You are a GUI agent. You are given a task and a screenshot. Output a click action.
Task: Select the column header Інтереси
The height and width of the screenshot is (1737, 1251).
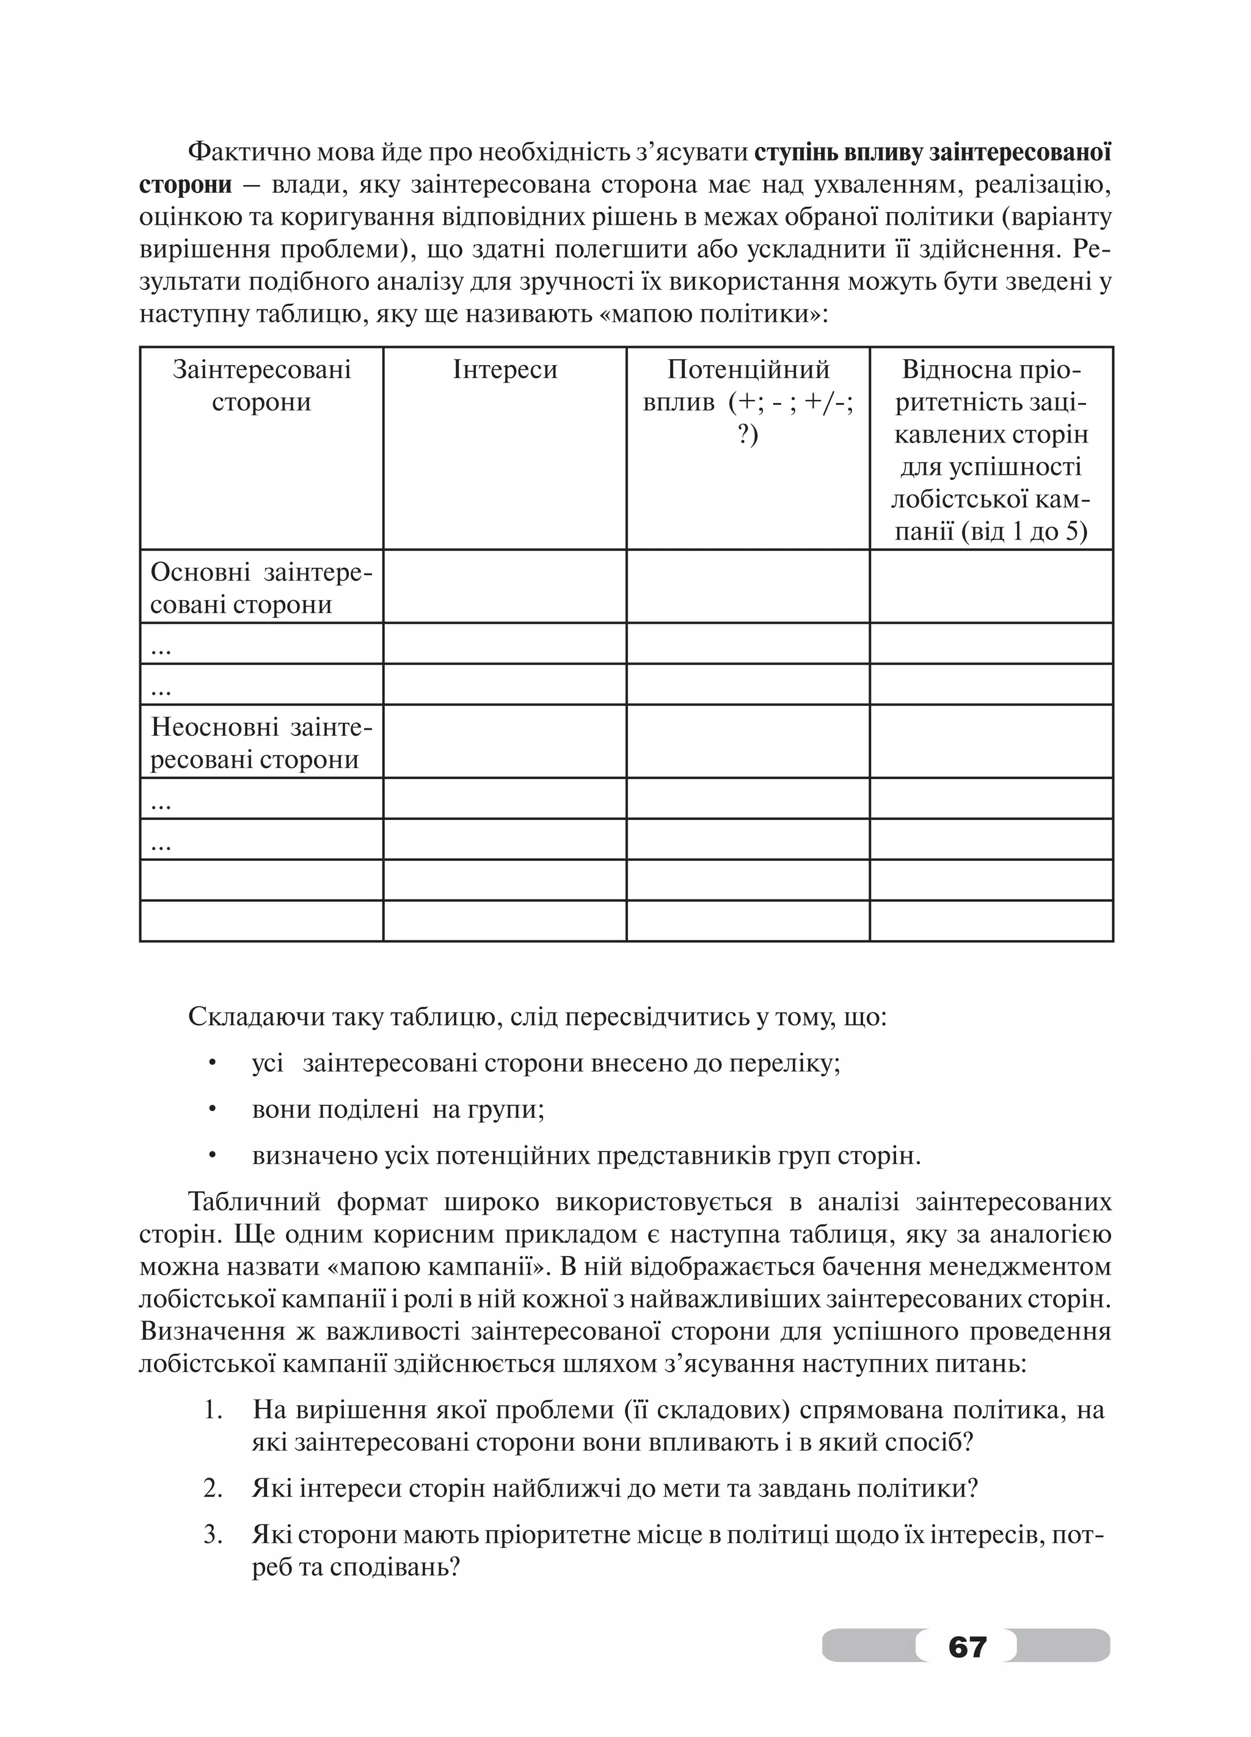click(505, 370)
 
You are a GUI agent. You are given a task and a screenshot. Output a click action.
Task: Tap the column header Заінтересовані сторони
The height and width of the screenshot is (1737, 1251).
click(261, 386)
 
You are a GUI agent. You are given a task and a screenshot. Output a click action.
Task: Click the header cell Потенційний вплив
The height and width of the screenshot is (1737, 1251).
click(748, 386)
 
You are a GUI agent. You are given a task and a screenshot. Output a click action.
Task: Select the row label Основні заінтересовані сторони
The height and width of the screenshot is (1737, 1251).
click(261, 588)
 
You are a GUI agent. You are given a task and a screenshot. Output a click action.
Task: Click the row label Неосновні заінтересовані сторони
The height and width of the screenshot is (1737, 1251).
click(261, 743)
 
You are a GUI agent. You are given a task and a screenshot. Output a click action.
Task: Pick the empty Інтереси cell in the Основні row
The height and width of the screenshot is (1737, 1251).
click(505, 587)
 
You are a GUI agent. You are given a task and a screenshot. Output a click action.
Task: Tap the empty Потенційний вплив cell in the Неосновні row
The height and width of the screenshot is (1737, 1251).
click(748, 741)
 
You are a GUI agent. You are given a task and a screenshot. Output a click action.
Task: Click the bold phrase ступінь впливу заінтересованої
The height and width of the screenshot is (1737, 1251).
click(932, 153)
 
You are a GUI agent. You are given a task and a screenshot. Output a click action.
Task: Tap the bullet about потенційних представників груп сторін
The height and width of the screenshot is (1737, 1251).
click(586, 1156)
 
